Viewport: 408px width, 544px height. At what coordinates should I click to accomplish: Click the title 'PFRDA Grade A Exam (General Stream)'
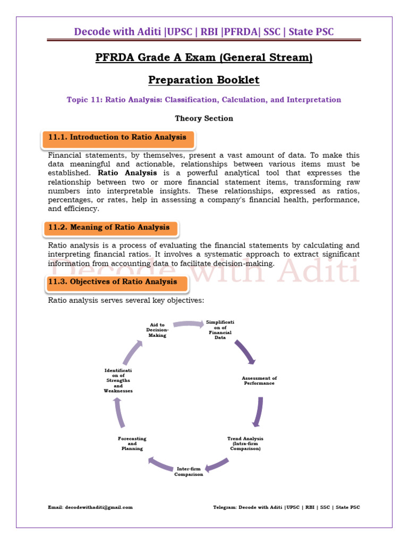(203, 57)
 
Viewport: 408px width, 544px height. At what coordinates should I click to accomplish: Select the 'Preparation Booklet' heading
(203, 80)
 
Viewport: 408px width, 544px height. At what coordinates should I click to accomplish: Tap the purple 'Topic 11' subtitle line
(203, 100)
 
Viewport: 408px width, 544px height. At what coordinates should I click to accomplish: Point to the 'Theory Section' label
(203, 118)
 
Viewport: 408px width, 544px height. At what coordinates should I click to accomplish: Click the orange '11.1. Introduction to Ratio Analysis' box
(117, 138)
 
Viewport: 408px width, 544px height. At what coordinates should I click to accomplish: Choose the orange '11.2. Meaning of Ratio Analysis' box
(109, 227)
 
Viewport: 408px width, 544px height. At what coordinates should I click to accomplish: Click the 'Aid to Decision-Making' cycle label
(157, 330)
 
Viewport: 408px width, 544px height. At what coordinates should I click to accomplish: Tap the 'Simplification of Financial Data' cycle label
(220, 330)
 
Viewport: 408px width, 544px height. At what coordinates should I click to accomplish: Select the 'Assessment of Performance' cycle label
(259, 380)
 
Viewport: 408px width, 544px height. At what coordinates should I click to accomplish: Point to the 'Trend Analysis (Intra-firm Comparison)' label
(245, 443)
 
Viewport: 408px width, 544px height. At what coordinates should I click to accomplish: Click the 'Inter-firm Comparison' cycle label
(189, 471)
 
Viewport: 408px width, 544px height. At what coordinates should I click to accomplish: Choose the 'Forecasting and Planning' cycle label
(132, 443)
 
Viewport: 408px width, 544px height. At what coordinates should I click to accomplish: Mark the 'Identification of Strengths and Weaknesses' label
(118, 380)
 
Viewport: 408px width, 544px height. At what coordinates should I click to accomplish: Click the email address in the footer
(90, 507)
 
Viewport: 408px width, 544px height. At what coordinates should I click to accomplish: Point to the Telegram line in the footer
(286, 507)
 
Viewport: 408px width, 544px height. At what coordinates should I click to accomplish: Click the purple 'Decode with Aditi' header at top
(203, 31)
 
